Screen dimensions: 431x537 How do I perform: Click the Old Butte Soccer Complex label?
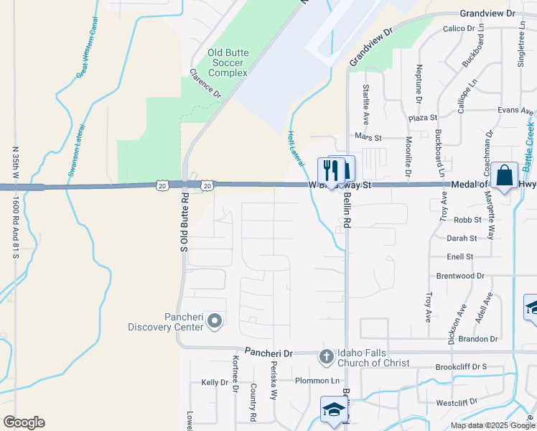tap(228, 62)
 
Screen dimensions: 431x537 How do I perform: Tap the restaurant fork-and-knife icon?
tap(330, 171)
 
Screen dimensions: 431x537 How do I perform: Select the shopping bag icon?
tap(505, 175)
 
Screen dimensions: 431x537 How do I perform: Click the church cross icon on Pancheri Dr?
tap(325, 355)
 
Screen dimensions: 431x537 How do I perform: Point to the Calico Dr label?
tap(459, 29)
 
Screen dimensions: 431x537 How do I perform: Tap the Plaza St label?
tap(423, 117)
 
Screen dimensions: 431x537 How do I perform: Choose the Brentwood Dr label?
tap(460, 276)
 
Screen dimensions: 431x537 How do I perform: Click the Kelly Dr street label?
tap(215, 382)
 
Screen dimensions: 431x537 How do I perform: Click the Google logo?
tap(24, 422)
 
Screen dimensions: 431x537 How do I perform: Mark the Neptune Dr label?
tap(419, 83)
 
